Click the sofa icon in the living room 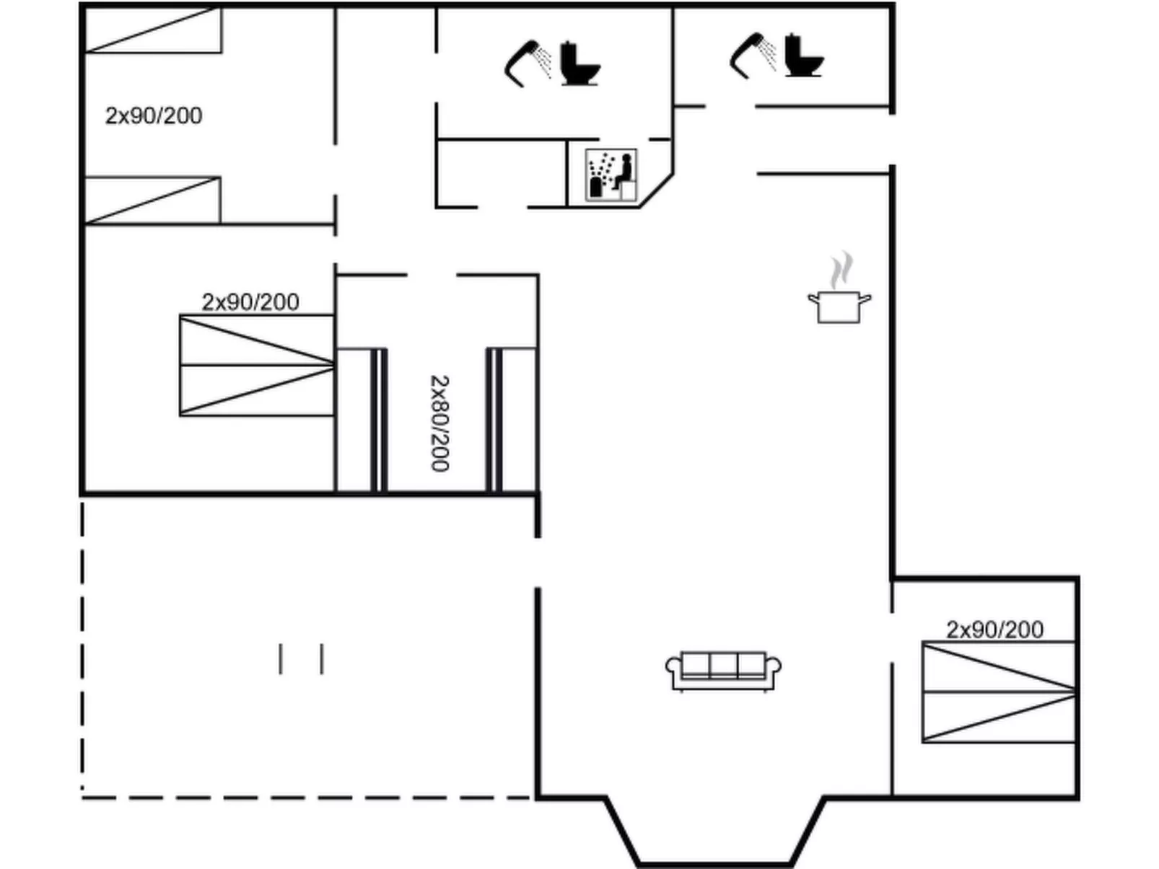[723, 671]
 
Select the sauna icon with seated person [611, 175]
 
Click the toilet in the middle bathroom [579, 65]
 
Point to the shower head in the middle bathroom [527, 63]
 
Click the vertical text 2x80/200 [439, 423]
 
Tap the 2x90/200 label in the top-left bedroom [154, 115]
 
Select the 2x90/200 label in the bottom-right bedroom [994, 630]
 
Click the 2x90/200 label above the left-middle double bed [250, 301]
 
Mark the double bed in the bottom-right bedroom [999, 692]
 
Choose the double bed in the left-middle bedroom [257, 366]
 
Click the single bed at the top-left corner [153, 30]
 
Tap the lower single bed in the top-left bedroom [152, 200]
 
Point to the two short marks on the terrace [301, 659]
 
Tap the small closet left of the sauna [501, 173]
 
